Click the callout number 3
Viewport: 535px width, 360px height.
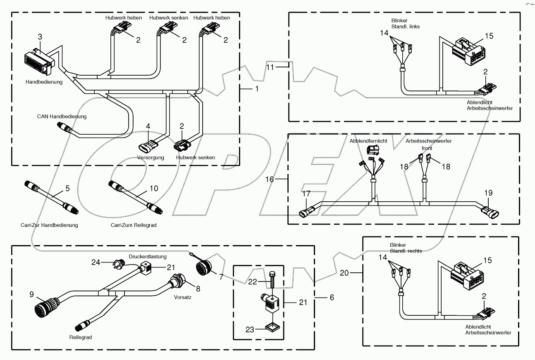40,37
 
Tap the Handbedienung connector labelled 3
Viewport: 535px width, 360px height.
38,62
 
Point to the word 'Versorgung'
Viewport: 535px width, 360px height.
151,157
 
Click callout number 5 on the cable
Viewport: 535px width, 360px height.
68,188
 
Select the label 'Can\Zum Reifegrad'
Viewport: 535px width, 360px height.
131,225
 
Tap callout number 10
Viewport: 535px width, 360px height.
153,188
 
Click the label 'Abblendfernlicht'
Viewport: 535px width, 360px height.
368,141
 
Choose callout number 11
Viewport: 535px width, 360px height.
269,67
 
